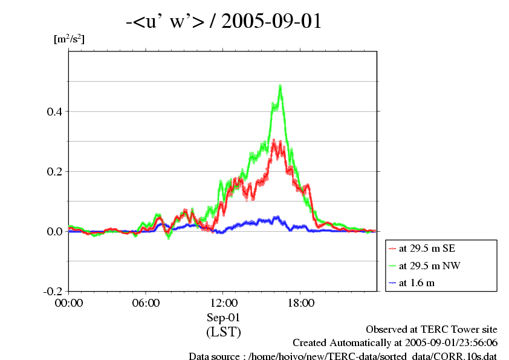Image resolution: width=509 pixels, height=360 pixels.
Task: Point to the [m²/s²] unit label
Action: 69,40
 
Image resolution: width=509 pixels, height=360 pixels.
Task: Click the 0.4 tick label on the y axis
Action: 53,111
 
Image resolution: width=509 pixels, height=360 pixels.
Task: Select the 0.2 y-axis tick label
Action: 53,171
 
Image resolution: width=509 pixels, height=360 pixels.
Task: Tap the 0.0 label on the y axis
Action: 53,231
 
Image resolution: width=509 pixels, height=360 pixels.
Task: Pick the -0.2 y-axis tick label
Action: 51,291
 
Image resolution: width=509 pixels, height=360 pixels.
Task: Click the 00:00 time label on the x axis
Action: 69,303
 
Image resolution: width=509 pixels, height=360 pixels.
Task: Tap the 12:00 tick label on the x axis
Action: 223,303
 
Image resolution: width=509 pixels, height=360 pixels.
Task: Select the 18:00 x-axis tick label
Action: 300,303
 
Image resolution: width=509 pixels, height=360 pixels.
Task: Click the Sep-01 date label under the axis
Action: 223,317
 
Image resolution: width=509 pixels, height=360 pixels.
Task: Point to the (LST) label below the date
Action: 223,332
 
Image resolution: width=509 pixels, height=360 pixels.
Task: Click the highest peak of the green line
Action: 280,87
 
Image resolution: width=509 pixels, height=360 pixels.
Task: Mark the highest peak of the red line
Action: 274,142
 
